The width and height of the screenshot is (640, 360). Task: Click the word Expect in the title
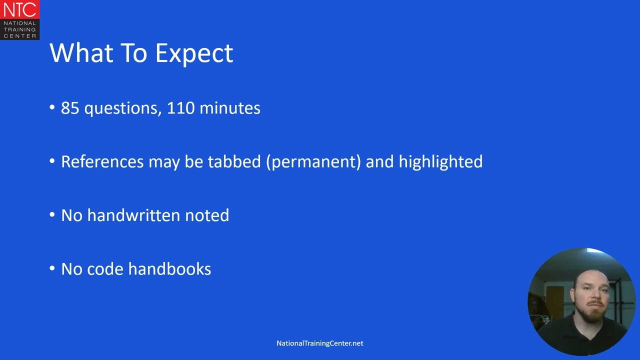[194, 53]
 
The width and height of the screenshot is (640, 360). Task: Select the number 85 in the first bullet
[70, 108]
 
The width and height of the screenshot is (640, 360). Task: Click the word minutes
[229, 108]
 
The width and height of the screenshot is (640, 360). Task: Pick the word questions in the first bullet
[122, 108]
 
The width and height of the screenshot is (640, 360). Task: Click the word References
[102, 161]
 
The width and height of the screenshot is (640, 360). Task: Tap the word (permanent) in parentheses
[313, 162]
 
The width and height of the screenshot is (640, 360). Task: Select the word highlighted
[440, 161]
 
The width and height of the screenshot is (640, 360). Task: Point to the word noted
[207, 215]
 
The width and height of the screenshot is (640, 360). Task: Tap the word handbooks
[170, 269]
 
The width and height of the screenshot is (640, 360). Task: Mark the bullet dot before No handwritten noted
[52, 215]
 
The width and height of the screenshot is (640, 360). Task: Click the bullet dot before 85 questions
[52, 108]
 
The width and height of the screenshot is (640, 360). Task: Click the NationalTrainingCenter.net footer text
[320, 343]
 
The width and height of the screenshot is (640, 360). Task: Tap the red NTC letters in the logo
[19, 9]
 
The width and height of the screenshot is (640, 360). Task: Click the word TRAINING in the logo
[19, 29]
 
